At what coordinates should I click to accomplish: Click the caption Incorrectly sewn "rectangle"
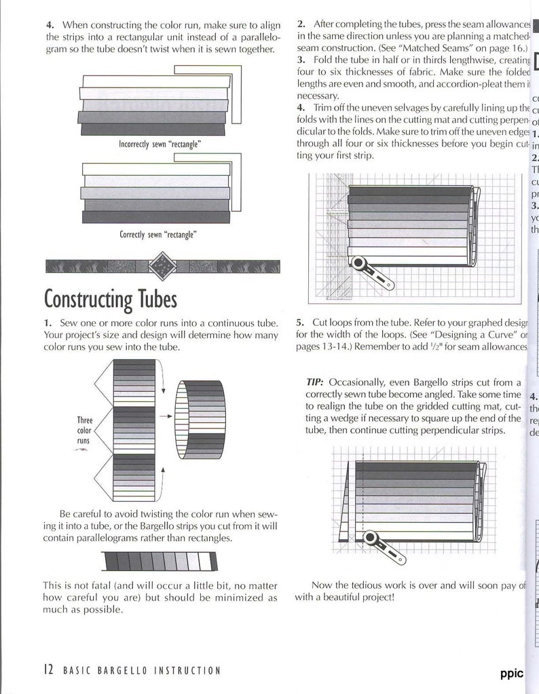[x=160, y=145]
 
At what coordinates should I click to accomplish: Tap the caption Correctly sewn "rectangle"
[x=158, y=234]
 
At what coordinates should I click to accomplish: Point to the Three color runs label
[x=84, y=431]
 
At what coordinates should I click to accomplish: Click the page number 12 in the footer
[x=48, y=670]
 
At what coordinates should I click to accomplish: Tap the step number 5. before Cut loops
[x=301, y=323]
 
